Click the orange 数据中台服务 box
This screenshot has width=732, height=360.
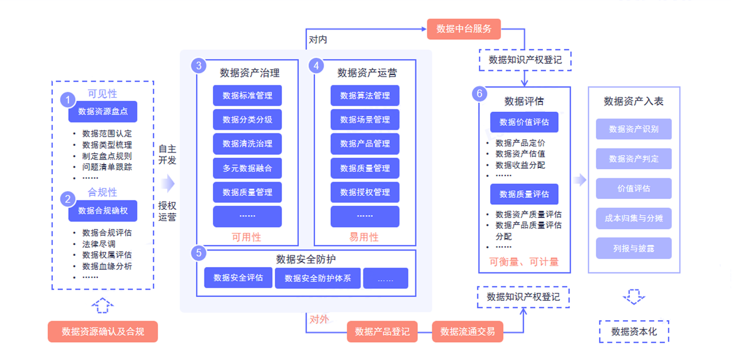[464, 29]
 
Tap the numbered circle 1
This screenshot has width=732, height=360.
[68, 100]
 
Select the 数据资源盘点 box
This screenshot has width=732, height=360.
[103, 112]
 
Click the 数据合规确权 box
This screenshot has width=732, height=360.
[103, 211]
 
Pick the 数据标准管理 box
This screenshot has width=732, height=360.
[247, 95]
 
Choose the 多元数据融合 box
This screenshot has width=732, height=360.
[247, 168]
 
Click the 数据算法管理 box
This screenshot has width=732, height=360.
[365, 95]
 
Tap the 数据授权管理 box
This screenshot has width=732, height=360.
[365, 192]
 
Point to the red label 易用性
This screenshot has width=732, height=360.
[364, 237]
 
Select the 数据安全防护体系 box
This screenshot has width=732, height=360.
[317, 278]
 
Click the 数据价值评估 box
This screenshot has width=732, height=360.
[524, 123]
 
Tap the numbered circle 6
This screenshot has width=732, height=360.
[479, 94]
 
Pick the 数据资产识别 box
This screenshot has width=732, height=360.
[633, 129]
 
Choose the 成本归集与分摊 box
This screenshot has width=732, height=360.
[633, 219]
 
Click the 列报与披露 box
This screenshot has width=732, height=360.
[633, 248]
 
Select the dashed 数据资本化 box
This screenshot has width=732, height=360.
[634, 331]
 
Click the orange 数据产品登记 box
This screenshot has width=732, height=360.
[382, 332]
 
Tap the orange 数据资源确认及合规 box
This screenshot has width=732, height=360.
[103, 332]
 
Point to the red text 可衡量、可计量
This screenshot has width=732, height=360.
[524, 262]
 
